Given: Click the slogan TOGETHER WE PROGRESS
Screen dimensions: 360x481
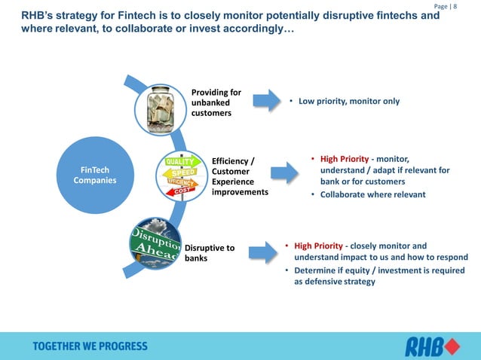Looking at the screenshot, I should (90, 346).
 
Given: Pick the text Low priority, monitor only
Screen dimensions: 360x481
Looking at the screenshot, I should (348, 101).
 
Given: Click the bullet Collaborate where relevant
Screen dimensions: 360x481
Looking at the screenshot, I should (373, 194).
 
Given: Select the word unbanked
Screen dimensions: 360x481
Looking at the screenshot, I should (206, 102).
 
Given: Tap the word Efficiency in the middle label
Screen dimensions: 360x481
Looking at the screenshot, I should (231, 160).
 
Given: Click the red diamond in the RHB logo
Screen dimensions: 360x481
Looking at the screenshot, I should (452, 346).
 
